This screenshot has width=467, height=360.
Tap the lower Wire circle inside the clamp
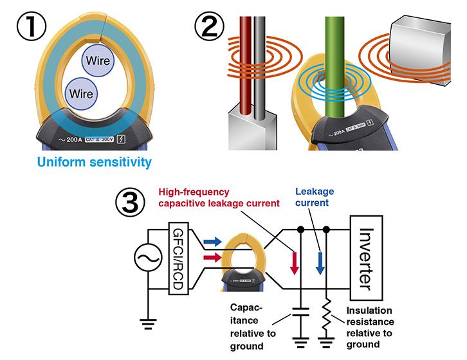(82, 93)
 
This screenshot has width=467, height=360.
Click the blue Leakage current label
(315, 197)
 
